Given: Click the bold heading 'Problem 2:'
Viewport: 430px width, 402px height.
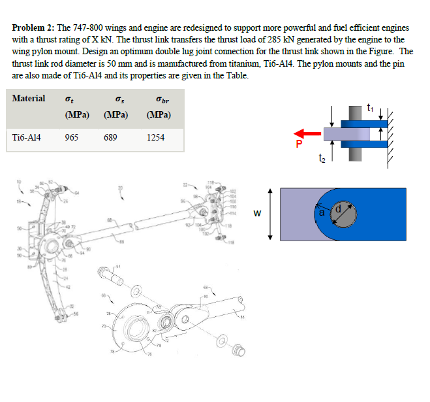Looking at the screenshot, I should click(33, 29).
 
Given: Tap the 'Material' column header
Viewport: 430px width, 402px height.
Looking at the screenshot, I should click(29, 98).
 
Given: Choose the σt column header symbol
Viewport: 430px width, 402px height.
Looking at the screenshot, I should click(70, 99).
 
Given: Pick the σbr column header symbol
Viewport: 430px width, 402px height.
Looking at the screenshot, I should click(155, 99).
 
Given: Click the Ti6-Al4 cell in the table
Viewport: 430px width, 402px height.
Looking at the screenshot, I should click(28, 137).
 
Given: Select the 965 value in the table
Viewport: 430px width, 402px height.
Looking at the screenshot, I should click(72, 137).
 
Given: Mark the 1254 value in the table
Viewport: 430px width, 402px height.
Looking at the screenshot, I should click(155, 137).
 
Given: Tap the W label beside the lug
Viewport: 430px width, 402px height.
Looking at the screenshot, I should click(258, 212).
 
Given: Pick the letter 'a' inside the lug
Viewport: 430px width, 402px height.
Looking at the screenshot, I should click(322, 212).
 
